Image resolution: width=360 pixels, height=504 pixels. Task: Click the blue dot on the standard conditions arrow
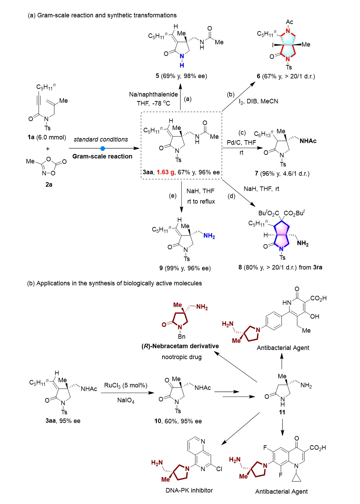103,148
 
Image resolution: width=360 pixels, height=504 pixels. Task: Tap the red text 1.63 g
165,172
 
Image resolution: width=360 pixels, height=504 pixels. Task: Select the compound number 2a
49,185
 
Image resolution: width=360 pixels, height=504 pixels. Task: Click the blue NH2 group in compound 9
209,236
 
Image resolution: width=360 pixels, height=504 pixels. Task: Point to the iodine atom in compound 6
273,45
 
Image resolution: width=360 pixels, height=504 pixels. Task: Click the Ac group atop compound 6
289,22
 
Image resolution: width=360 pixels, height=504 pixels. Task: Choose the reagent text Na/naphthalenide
153,94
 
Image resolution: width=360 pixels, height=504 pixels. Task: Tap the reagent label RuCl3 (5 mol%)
125,386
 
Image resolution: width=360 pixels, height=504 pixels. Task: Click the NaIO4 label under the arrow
126,400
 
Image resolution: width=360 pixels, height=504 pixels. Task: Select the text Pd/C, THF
241,142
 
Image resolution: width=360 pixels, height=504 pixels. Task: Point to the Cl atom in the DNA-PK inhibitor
219,469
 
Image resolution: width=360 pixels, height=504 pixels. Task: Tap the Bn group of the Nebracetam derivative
182,337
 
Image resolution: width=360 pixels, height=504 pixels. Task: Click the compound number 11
282,412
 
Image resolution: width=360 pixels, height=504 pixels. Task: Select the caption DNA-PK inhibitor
189,490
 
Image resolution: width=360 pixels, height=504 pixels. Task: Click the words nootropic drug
182,357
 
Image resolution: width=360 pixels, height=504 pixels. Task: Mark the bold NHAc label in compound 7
308,141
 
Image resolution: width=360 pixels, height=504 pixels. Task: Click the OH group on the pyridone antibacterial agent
315,316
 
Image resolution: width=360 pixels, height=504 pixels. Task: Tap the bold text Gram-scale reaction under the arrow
102,156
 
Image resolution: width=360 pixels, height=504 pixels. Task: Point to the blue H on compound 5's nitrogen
182,65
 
